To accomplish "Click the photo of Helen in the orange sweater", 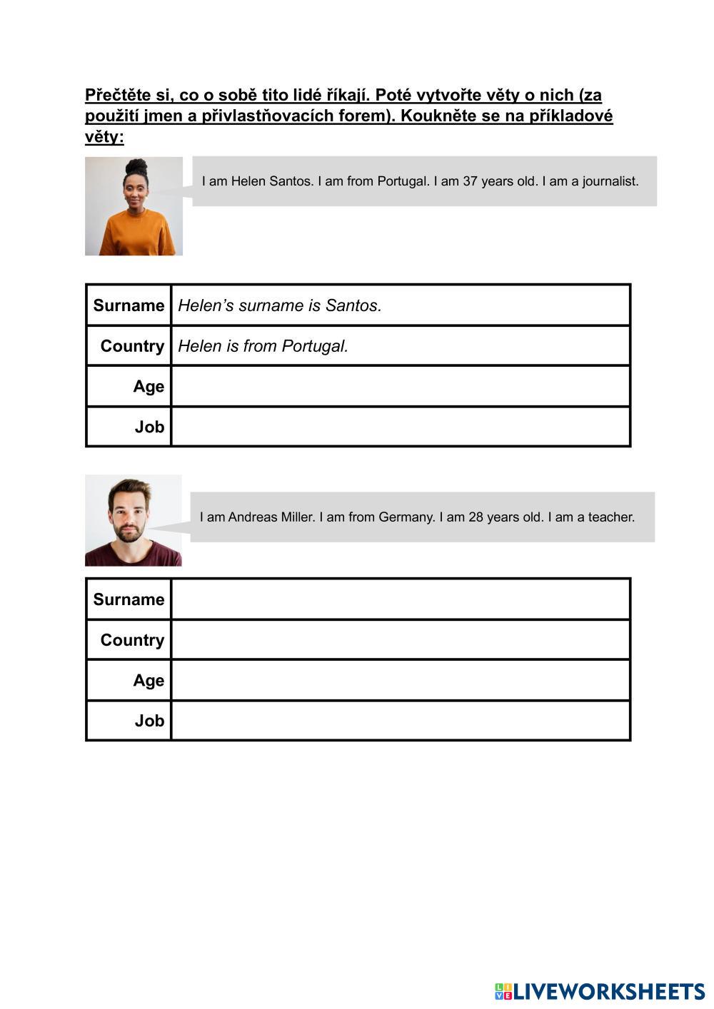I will point(134,206).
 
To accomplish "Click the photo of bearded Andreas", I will point(134,520).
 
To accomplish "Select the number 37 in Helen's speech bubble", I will point(471,181).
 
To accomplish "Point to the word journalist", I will point(610,181).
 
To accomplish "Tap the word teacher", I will point(610,517).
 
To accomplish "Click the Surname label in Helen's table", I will point(129,305).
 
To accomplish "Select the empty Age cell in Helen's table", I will point(400,386).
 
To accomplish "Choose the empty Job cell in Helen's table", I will point(400,427).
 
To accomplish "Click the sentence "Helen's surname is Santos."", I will point(280,305).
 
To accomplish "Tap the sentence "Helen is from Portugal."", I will point(263,346).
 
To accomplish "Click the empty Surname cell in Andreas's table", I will point(400,599).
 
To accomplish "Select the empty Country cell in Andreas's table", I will point(400,640).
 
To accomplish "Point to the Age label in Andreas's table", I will point(149,681).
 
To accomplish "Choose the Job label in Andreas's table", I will point(149,721).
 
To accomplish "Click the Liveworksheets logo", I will point(600,991).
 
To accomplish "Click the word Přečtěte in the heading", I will point(119,95).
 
